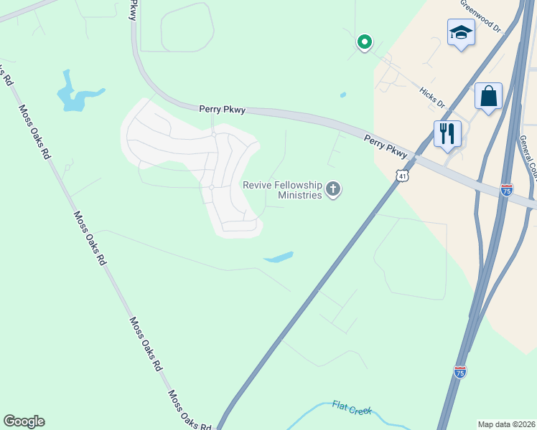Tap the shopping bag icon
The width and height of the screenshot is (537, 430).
488,96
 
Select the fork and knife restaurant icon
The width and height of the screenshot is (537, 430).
447,133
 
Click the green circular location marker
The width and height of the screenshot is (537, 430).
365,42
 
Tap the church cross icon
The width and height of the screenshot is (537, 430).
333,189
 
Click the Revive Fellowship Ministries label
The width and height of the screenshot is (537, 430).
281,190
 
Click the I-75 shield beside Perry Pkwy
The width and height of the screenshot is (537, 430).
507,189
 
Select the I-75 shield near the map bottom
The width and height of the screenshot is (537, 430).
460,371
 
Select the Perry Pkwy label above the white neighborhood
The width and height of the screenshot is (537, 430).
223,110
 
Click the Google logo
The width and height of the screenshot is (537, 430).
24,421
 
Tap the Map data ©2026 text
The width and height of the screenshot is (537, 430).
506,424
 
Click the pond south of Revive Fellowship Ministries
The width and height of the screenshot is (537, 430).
279,257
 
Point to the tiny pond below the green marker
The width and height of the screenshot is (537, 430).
343,95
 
